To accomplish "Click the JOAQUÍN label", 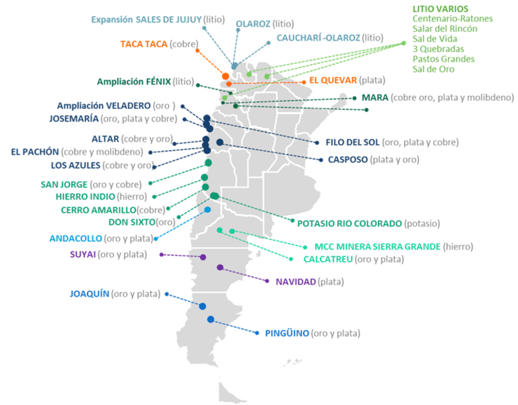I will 89,294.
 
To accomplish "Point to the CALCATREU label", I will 328,259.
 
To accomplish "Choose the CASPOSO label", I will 348,159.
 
